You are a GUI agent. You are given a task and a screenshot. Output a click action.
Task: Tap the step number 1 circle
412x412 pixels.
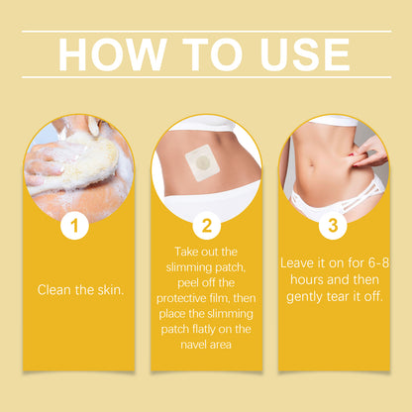coord(74,227)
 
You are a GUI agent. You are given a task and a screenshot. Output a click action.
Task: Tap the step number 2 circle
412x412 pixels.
coord(206,227)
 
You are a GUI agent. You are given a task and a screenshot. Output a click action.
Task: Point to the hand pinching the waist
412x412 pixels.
coord(368,152)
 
